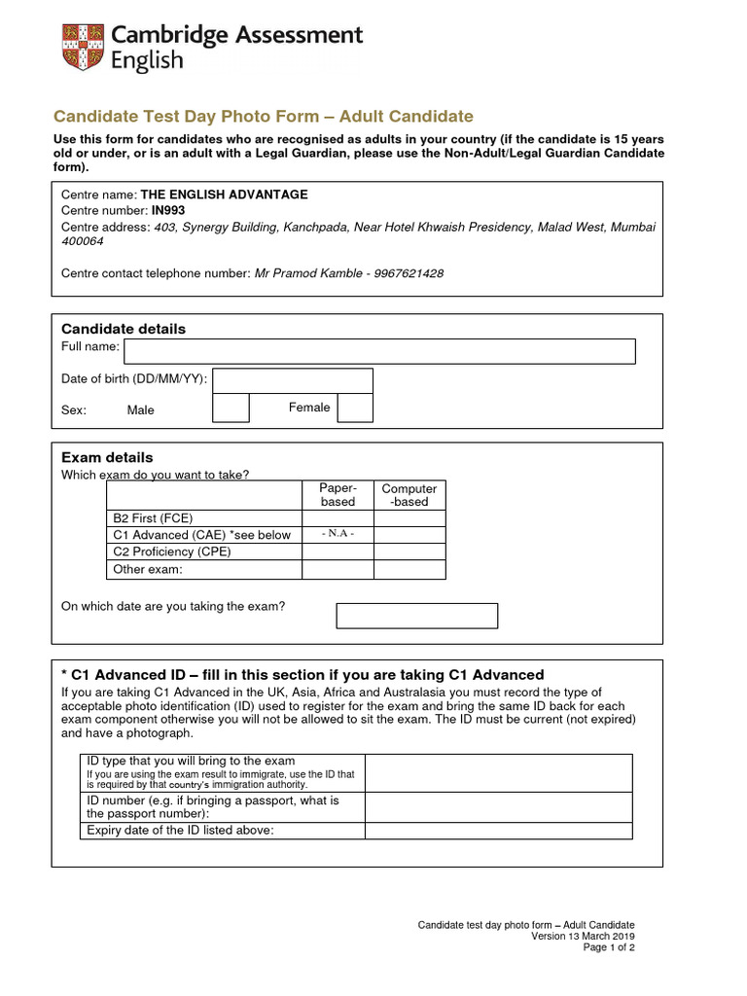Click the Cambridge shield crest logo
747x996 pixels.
[82, 48]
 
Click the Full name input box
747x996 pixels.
[379, 351]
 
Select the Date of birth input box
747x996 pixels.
[292, 380]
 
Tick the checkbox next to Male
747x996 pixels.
[231, 409]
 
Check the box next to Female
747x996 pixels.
[355, 409]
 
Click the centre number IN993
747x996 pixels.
[168, 210]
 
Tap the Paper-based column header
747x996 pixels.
[338, 495]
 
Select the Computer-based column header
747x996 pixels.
[409, 495]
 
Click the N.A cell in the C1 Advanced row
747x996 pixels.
[338, 534]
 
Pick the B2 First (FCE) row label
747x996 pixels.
[154, 518]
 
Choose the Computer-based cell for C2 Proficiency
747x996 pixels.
[409, 551]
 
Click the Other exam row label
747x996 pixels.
[148, 569]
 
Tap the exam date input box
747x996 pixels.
[416, 616]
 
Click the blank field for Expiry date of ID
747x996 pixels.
[498, 830]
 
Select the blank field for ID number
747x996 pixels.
[498, 806]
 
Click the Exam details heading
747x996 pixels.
[107, 457]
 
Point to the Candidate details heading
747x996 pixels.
[124, 329]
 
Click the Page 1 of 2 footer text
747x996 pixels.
[609, 947]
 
